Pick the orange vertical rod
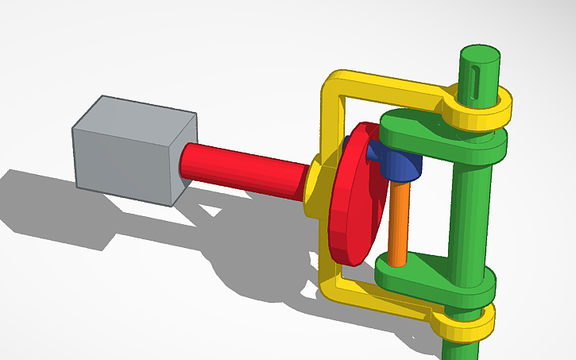click(x=400, y=223)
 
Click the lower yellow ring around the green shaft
click(x=465, y=323)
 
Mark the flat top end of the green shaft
click(x=480, y=54)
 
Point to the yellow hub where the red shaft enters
click(x=315, y=187)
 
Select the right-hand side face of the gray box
click(x=184, y=159)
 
